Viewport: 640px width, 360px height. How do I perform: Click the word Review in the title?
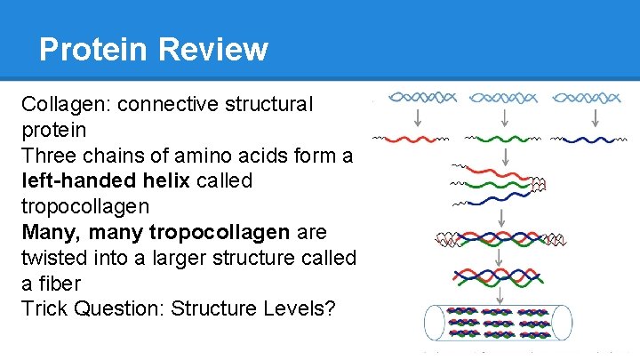point(212,49)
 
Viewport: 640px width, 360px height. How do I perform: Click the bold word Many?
point(55,233)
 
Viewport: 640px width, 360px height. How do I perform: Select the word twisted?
point(56,259)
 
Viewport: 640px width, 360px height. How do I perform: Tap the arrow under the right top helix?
point(587,118)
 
